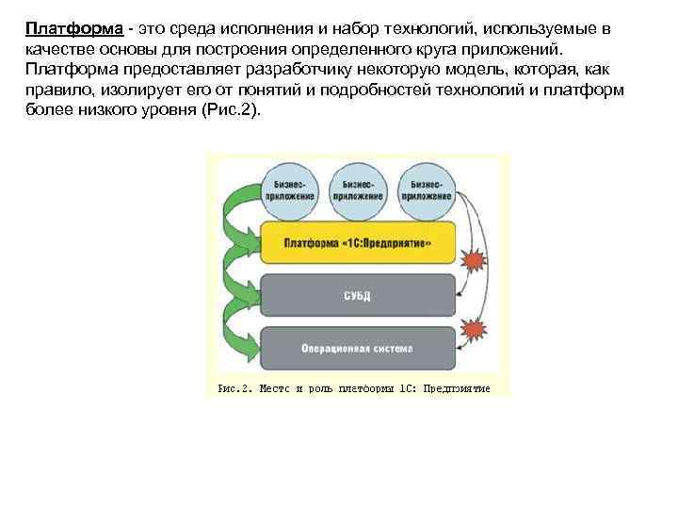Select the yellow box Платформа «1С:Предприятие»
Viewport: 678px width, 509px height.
358,242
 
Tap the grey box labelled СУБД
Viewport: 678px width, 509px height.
358,296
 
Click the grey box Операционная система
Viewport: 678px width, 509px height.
358,348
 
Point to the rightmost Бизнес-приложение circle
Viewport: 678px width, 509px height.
426,189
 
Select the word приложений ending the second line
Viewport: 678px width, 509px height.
514,49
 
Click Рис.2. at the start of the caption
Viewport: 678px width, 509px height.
234,388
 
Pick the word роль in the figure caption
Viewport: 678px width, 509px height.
314,388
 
